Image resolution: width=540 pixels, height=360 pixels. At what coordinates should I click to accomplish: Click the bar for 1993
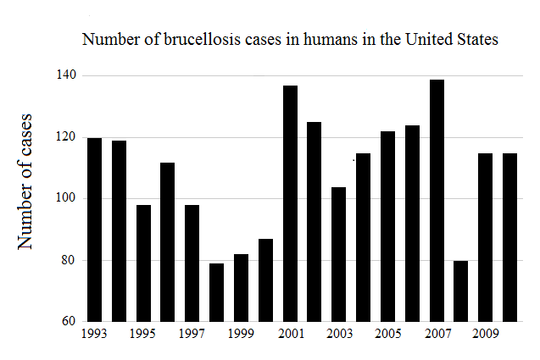click(x=94, y=230)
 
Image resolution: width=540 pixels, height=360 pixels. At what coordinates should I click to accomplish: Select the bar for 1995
click(x=143, y=263)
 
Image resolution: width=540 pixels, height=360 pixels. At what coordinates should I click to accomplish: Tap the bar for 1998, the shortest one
click(x=217, y=292)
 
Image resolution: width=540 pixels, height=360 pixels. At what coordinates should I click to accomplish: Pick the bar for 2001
click(x=290, y=203)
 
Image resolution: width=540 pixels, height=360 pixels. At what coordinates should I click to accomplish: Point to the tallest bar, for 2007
click(x=437, y=201)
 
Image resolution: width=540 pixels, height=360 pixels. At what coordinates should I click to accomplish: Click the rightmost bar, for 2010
click(x=510, y=237)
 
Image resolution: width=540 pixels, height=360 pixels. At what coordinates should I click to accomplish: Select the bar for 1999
click(x=241, y=288)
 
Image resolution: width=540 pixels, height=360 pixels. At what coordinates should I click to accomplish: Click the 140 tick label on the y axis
click(x=66, y=76)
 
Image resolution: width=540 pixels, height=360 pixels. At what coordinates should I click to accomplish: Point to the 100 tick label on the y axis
click(x=66, y=199)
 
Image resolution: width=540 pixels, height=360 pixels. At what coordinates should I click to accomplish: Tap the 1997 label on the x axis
click(x=192, y=335)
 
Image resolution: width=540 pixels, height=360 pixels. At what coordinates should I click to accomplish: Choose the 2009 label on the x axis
click(x=486, y=335)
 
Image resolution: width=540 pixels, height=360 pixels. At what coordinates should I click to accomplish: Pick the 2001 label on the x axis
click(x=290, y=335)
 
